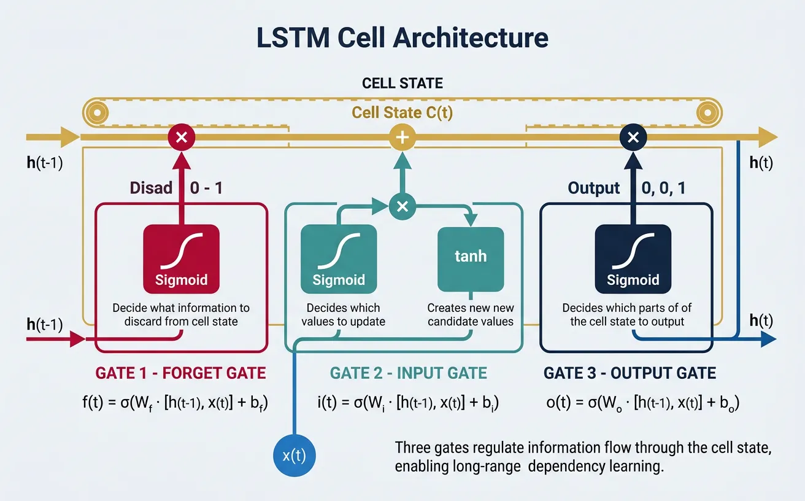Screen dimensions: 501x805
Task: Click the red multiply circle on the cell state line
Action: click(x=181, y=138)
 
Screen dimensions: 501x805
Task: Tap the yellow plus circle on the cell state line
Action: click(x=402, y=138)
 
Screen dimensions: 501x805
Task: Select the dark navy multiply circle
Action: click(x=633, y=138)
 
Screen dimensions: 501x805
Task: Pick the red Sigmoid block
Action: click(x=181, y=258)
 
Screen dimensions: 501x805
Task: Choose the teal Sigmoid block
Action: click(x=339, y=258)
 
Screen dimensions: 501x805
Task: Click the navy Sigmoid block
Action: click(x=633, y=258)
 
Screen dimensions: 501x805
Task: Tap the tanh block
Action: click(x=470, y=258)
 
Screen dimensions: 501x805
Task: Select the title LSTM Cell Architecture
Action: click(x=402, y=38)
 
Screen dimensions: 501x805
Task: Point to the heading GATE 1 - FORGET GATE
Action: click(x=181, y=373)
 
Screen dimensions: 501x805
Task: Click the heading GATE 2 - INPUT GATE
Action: click(x=409, y=373)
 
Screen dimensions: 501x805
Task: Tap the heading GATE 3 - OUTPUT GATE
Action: click(x=630, y=373)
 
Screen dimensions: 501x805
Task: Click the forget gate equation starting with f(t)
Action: click(x=182, y=403)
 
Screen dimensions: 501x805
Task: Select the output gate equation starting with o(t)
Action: click(x=642, y=403)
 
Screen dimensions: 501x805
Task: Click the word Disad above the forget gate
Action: click(x=151, y=188)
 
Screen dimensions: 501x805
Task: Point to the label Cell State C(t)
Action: click(x=402, y=113)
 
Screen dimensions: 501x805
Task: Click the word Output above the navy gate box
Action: click(x=594, y=188)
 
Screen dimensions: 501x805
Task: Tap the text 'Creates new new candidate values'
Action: click(x=470, y=314)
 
